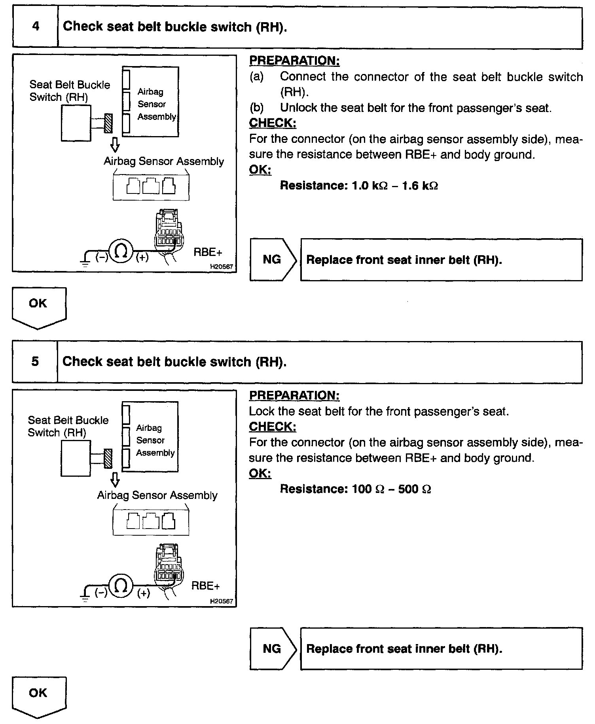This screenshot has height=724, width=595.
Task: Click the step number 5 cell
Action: (x=35, y=362)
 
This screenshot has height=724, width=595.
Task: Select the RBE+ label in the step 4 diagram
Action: (x=208, y=252)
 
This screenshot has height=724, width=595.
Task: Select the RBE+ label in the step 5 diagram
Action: (x=205, y=586)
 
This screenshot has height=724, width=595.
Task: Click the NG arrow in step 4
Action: (x=273, y=260)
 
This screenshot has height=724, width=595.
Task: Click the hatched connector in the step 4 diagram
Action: (x=108, y=123)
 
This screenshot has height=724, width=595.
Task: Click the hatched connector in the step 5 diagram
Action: (x=108, y=459)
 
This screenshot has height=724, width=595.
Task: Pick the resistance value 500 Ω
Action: (x=414, y=489)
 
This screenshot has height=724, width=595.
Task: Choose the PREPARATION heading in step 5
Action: (x=294, y=395)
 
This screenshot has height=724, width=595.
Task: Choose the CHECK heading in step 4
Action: (x=273, y=123)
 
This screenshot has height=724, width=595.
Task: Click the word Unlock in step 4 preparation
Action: (x=298, y=108)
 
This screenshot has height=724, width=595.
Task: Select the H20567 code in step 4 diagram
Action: (x=222, y=267)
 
